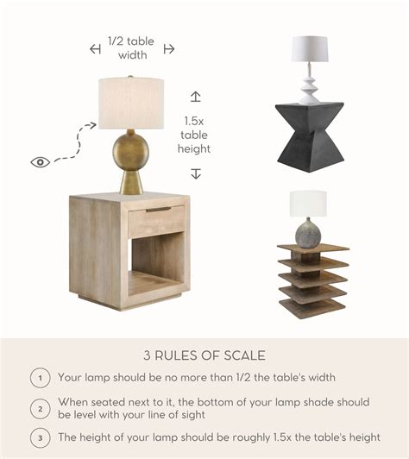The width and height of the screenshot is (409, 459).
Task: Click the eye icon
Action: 40,162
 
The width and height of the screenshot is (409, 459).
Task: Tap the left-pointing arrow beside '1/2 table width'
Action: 95,49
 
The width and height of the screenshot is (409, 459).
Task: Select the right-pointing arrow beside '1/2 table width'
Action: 169,49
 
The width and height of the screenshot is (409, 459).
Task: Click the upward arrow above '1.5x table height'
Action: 195,97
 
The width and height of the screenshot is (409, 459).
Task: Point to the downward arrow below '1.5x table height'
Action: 195,173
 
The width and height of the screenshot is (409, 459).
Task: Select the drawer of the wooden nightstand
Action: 157,221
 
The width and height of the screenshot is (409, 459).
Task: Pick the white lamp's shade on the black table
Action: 310,49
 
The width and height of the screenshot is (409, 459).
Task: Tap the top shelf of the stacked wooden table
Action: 313,248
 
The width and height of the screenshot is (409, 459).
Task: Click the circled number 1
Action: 40,378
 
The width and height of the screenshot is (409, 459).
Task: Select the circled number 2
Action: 40,408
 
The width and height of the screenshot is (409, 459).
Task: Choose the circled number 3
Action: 40,438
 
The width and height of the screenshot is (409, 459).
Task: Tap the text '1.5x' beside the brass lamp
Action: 194,122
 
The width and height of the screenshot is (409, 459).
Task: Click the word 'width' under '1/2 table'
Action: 133,55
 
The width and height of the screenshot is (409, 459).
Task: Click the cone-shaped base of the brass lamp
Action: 131,181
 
